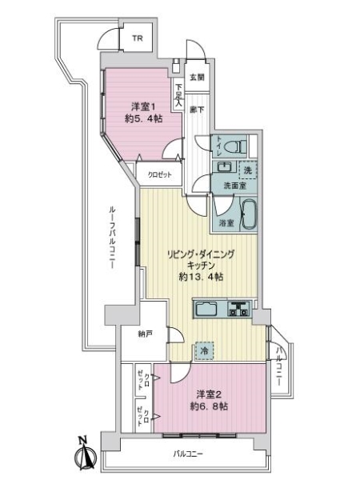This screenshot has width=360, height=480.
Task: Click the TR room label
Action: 137,38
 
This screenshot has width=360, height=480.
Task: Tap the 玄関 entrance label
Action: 198,78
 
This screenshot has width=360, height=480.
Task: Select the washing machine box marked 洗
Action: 248,170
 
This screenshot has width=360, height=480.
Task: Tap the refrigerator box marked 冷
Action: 206,350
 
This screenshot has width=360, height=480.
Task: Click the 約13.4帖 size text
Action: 200,277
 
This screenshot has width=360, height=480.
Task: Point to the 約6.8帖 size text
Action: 210,406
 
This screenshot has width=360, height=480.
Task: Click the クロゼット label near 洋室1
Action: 158,174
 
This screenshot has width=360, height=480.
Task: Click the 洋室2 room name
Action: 210,394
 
